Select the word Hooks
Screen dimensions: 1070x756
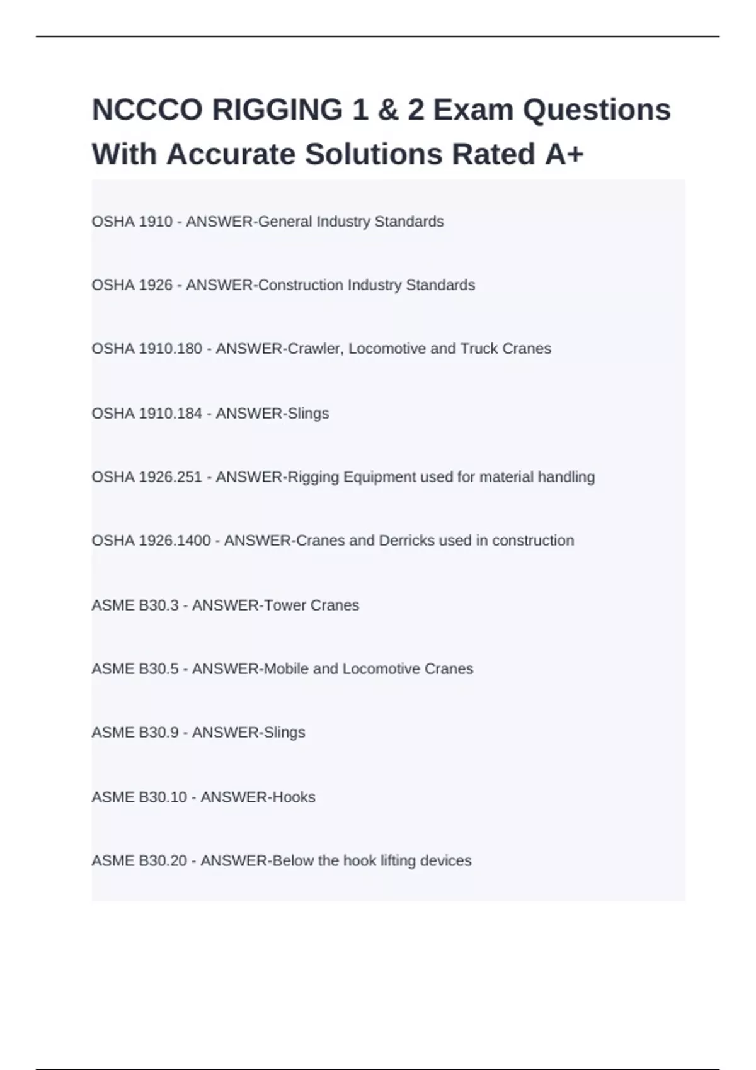coord(294,797)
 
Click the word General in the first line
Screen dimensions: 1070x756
coord(285,222)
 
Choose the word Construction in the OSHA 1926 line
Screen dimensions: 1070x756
coord(301,285)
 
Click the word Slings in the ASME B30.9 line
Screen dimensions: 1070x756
coord(284,733)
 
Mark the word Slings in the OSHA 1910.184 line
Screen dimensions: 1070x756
coord(308,414)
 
